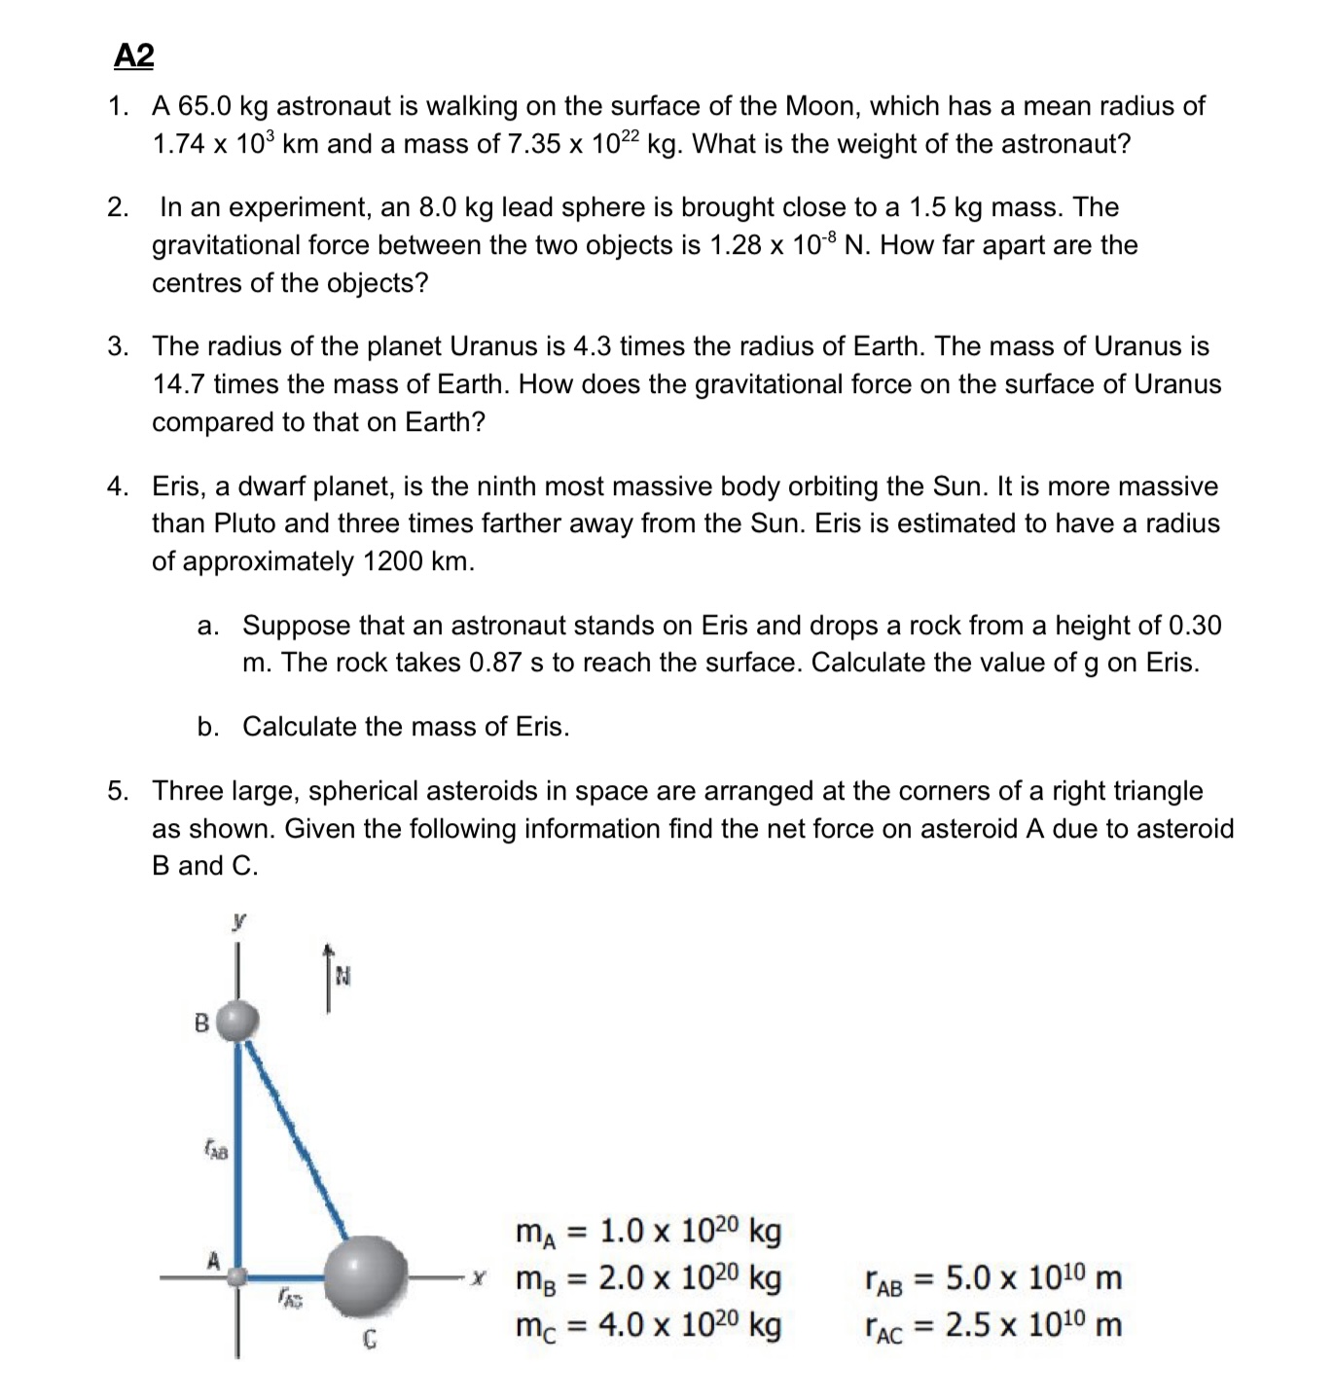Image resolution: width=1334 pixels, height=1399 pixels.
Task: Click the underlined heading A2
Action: coord(133,56)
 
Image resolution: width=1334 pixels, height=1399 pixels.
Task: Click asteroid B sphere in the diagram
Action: coord(237,1022)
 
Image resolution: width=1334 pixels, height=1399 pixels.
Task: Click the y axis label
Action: coord(237,919)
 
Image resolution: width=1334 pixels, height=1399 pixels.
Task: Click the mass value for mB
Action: coord(689,1277)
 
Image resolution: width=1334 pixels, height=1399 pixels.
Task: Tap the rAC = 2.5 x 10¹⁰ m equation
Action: coord(992,1325)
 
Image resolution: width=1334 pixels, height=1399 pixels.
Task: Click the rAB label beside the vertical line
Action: coord(215,1152)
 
